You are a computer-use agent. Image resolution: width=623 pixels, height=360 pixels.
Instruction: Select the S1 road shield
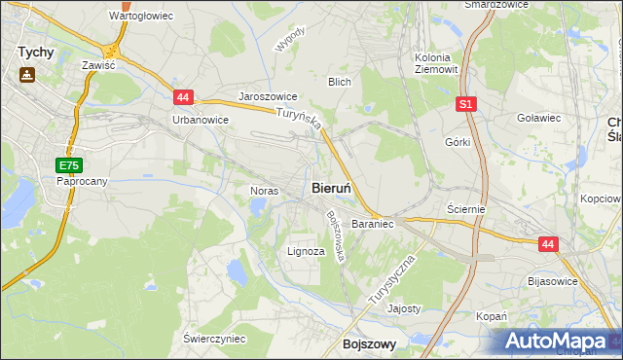[467, 103]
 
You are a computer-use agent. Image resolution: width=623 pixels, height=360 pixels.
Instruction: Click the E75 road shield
[67, 165]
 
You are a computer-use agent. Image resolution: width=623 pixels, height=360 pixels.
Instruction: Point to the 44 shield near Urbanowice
[184, 96]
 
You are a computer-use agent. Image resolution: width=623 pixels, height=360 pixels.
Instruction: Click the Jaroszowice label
[268, 98]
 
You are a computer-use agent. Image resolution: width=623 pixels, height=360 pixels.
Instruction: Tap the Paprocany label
[82, 181]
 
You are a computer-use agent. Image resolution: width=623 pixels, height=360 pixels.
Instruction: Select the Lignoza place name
[306, 250]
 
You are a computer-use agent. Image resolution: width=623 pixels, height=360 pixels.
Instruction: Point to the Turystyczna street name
[392, 282]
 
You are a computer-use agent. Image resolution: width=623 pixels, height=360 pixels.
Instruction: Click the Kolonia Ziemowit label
[435, 63]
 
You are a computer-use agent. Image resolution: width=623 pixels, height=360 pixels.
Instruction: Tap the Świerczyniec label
[214, 338]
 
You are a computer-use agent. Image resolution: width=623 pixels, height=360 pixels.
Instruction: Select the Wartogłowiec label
[141, 17]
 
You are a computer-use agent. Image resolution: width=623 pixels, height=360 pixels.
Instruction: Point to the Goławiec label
[539, 118]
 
